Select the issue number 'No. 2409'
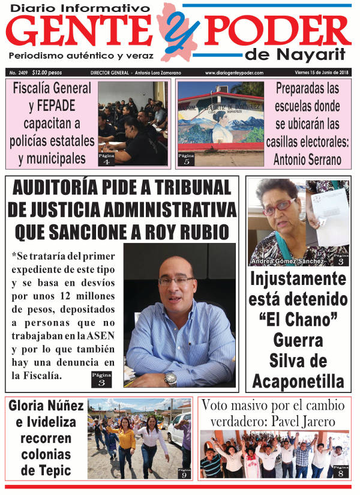[x=19, y=73]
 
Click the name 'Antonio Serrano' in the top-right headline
[x=308, y=160]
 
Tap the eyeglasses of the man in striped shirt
[x=176, y=280]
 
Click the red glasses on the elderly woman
[x=279, y=206]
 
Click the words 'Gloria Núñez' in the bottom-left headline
[x=46, y=406]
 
